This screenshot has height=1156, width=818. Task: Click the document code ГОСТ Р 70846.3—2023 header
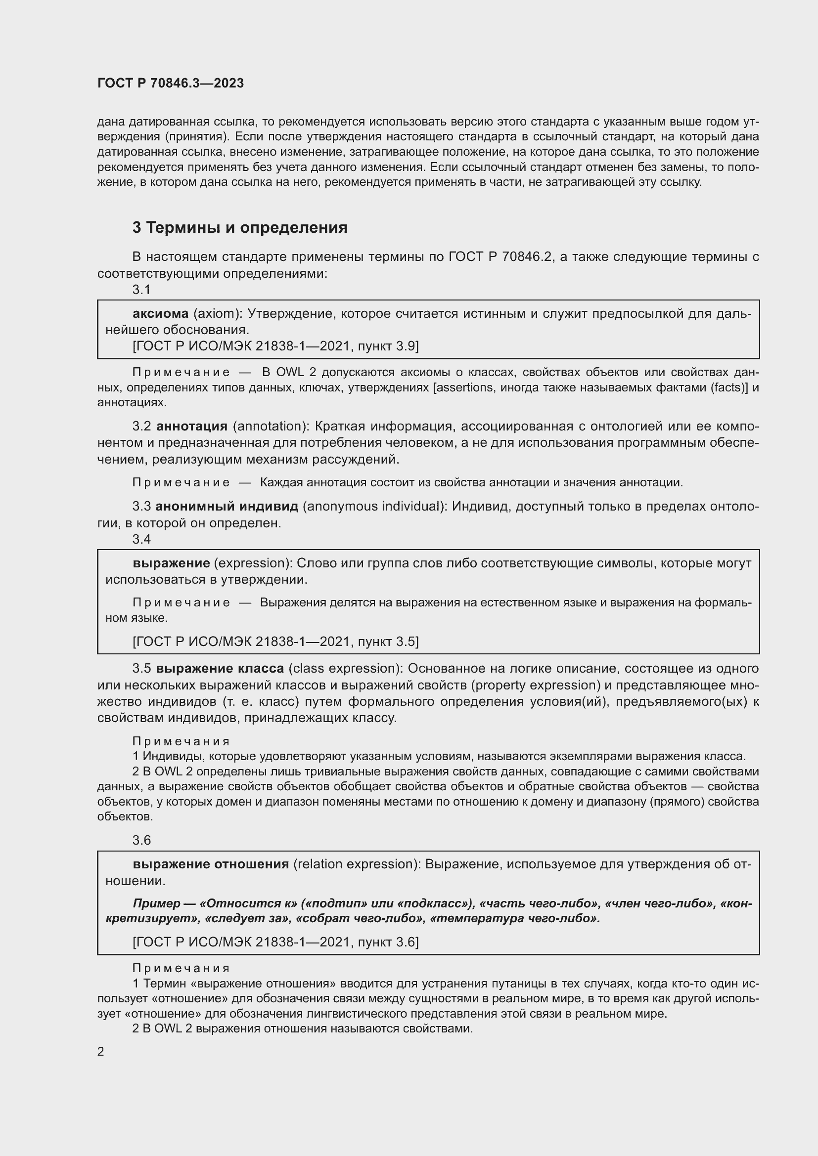point(170,83)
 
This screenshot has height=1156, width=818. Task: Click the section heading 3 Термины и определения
point(240,227)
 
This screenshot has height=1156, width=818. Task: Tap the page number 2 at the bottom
point(101,1051)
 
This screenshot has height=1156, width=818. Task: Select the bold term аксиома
point(160,314)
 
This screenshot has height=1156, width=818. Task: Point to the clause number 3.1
point(141,290)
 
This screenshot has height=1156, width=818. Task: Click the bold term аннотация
point(192,426)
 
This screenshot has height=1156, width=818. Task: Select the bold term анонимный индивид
point(227,506)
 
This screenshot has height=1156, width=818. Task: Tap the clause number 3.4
point(141,539)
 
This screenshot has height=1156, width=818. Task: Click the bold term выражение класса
point(220,668)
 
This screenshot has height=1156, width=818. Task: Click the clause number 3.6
point(141,840)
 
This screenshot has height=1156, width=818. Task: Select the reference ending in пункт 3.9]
point(275,346)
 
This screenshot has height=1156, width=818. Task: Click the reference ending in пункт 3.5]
point(275,642)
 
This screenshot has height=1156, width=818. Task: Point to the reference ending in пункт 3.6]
point(275,942)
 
